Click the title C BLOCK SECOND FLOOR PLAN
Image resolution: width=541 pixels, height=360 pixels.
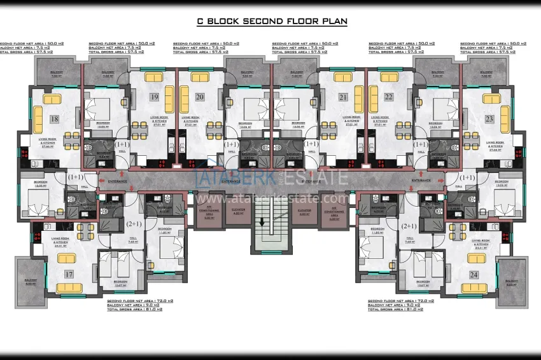coord(272,21)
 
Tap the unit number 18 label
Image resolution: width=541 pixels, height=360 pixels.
coord(54,119)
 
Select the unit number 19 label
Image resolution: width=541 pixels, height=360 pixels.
coord(154,97)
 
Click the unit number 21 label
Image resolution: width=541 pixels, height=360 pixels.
coord(343,97)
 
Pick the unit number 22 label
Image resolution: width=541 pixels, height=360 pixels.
coord(389,97)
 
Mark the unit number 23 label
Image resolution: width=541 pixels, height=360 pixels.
coord(489,119)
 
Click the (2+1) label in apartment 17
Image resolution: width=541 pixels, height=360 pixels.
coord(134,225)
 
